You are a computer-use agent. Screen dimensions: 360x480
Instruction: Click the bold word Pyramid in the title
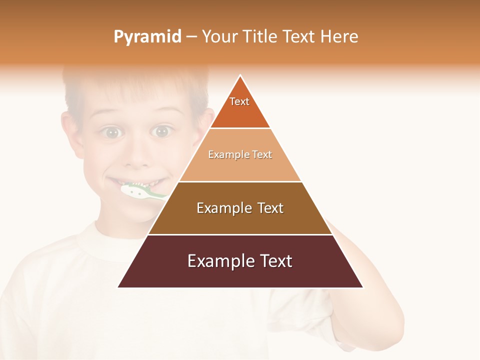coord(147,37)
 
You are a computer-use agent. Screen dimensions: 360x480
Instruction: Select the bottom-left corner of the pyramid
coord(118,287)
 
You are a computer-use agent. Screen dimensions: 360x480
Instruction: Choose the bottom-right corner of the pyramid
coord(362,287)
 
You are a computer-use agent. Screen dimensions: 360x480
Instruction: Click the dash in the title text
coord(191,37)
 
